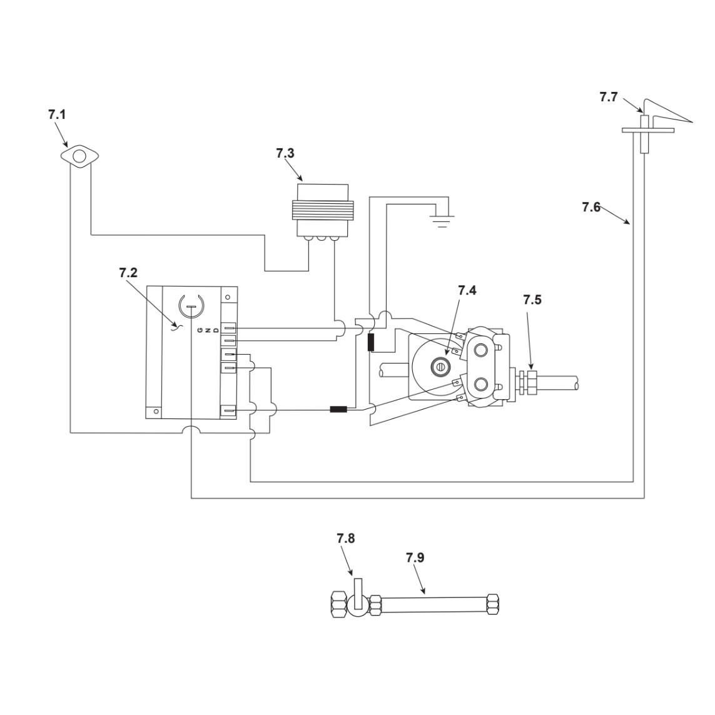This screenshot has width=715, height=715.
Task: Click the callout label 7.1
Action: coord(57,114)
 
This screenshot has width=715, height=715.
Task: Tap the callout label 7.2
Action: coord(128,273)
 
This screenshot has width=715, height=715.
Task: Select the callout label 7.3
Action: coord(285,153)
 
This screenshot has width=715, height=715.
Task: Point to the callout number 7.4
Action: coord(467,290)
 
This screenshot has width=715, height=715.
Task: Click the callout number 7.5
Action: coord(532,300)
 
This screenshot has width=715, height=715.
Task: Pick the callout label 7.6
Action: coord(591,207)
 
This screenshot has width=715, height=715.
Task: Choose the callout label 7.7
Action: coord(609,97)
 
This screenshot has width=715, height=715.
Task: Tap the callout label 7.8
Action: coord(346,539)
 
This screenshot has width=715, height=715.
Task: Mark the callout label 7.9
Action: coord(415,558)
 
